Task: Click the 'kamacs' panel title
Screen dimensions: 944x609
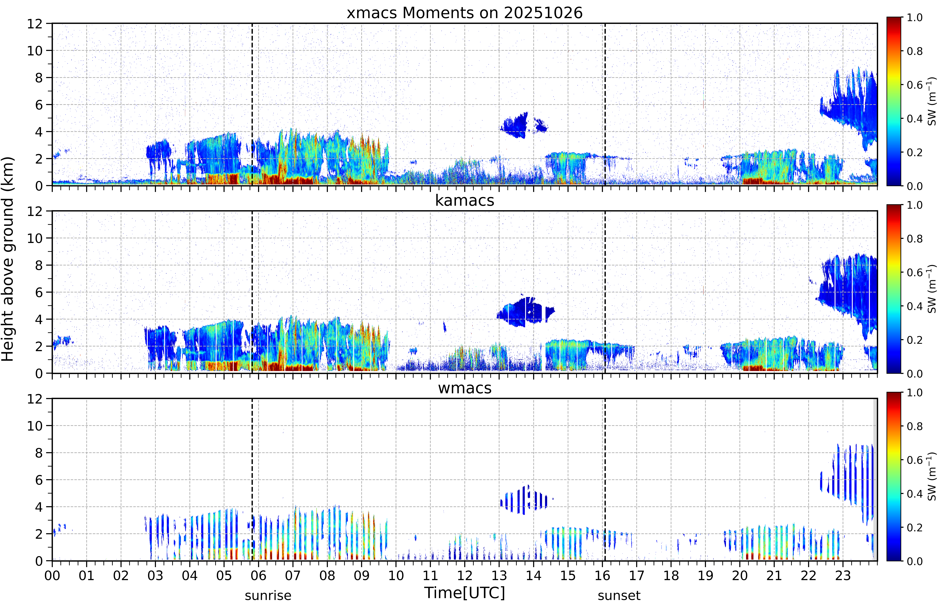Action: (464, 200)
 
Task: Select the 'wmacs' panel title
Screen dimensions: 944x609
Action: (464, 388)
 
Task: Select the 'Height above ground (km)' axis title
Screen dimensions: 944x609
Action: (8, 259)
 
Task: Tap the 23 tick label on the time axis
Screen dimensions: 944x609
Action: (843, 575)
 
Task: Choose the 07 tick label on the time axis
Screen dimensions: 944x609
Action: (293, 575)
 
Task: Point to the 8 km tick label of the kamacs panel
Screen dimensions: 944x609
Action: (39, 265)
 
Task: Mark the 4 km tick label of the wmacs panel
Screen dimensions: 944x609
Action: (39, 507)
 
